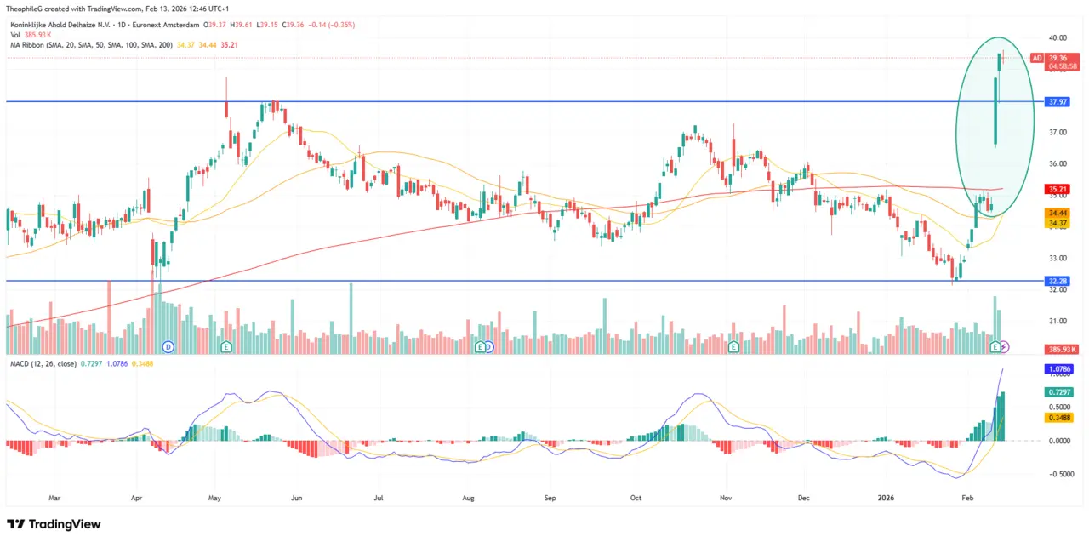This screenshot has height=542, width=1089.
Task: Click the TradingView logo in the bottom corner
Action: [x=54, y=524]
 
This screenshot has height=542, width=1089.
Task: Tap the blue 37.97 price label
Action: [x=1058, y=101]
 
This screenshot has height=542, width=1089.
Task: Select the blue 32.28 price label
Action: [x=1058, y=281]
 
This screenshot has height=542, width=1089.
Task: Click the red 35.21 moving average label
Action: [x=1058, y=189]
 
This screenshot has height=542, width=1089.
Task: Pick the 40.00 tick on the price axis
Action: [x=1058, y=38]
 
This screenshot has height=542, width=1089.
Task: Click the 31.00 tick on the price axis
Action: [x=1058, y=321]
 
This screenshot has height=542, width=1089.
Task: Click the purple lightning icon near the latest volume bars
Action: [x=1005, y=346]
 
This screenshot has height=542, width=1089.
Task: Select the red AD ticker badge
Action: [x=1035, y=58]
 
